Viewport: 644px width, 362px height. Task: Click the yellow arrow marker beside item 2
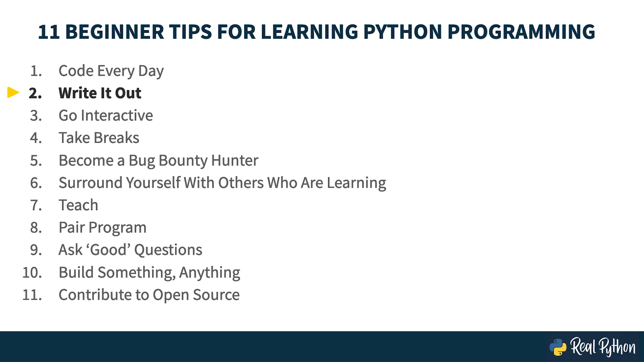click(x=13, y=93)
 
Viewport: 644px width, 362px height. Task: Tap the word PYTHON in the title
click(x=402, y=32)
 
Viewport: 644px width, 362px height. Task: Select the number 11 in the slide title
click(x=49, y=32)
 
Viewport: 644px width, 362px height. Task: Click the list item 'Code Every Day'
click(x=111, y=71)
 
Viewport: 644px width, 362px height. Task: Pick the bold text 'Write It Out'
click(x=100, y=93)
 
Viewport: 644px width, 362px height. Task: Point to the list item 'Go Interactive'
click(x=106, y=116)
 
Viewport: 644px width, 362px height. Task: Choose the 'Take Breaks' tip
click(x=99, y=138)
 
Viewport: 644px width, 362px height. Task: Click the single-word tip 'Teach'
click(x=78, y=205)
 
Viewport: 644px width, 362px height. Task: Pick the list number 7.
click(x=36, y=205)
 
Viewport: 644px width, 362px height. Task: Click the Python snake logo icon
click(x=558, y=347)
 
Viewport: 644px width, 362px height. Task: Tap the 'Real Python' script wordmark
click(x=603, y=347)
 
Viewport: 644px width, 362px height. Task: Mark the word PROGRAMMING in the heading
click(x=521, y=32)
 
